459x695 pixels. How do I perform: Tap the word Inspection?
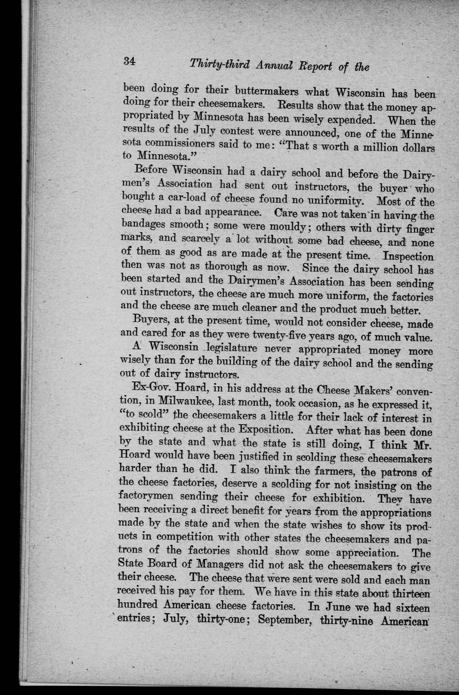pyautogui.click(x=408, y=256)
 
